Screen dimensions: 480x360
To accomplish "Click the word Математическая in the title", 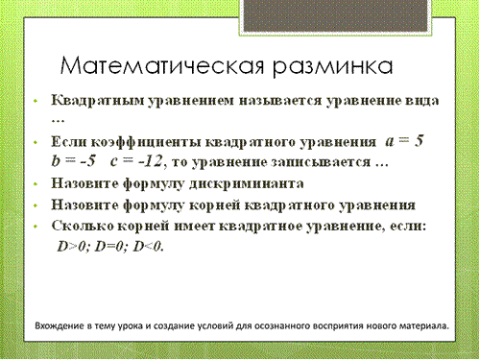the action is pos(162,66).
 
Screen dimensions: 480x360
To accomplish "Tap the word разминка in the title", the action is pos(333,68).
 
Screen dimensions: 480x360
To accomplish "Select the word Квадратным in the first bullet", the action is pos(98,101).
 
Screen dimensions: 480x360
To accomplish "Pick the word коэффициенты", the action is pos(146,142).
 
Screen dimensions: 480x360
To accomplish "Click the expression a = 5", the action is pos(404,141).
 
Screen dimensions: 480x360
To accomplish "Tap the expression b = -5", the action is pos(73,160).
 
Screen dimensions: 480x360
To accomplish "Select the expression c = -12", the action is pos(136,161).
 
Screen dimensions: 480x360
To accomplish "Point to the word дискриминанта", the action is pos(247,183).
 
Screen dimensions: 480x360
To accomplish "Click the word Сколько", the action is pos(83,226).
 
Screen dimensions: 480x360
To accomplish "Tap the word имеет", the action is pos(195,227).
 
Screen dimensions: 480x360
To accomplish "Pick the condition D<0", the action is pos(148,247).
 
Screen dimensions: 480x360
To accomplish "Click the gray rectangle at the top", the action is pos(335,15).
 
